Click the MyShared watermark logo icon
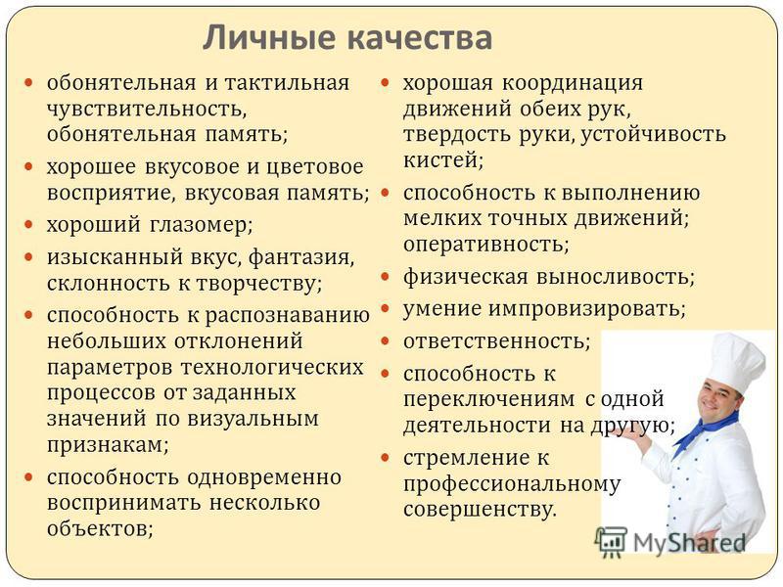(x=610, y=542)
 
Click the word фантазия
(x=301, y=258)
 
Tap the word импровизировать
(x=587, y=309)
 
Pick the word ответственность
(x=497, y=341)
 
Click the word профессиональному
(x=512, y=485)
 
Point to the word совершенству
(x=480, y=510)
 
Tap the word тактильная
(x=288, y=83)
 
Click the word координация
(x=573, y=84)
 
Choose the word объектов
(x=100, y=528)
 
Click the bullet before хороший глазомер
(x=29, y=225)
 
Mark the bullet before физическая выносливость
(x=385, y=277)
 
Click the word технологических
(x=273, y=368)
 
